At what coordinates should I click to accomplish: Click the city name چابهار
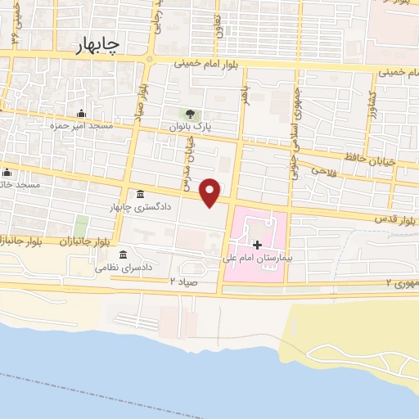[95, 44]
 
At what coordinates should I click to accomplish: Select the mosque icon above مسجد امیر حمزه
[81, 114]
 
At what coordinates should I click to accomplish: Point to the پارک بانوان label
[190, 128]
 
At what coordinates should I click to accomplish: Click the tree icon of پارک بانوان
[191, 114]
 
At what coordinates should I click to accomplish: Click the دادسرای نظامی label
[124, 268]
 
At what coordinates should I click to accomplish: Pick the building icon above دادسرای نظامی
[123, 254]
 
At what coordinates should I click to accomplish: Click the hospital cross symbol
[257, 245]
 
